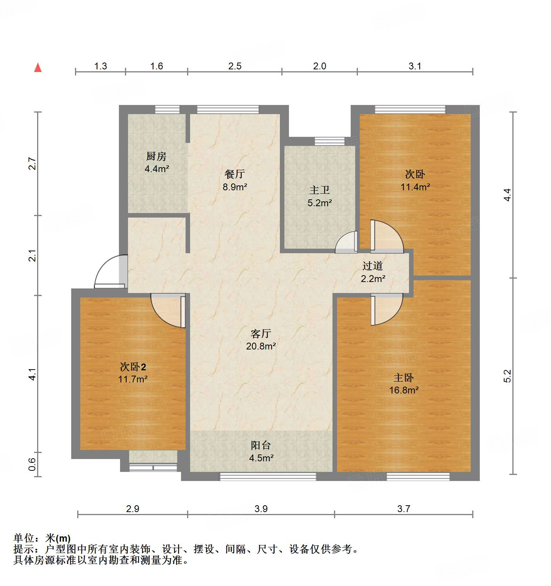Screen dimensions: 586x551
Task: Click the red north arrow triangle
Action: tap(38, 68)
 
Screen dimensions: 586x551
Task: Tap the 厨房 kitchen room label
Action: tap(156, 156)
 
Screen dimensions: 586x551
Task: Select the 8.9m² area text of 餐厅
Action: tap(235, 187)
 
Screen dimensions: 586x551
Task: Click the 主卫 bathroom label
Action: tap(319, 190)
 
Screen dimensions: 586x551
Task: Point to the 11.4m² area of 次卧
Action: tap(415, 187)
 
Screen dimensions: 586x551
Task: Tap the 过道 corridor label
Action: tap(373, 266)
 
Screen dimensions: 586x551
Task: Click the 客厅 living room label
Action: tap(261, 334)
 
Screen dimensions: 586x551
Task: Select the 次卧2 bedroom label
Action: tap(133, 367)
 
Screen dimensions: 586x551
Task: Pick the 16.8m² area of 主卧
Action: tap(404, 390)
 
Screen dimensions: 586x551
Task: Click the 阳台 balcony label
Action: tap(261, 445)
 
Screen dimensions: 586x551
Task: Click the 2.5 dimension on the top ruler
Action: tap(235, 66)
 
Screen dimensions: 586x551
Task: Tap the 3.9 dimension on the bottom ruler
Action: tap(261, 509)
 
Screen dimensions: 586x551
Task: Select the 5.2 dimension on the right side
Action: tap(507, 376)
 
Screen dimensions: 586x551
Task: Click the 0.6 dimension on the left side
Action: tap(33, 464)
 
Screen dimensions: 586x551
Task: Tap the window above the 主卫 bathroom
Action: tap(329, 141)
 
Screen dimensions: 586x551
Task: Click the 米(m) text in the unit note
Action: tap(58, 538)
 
